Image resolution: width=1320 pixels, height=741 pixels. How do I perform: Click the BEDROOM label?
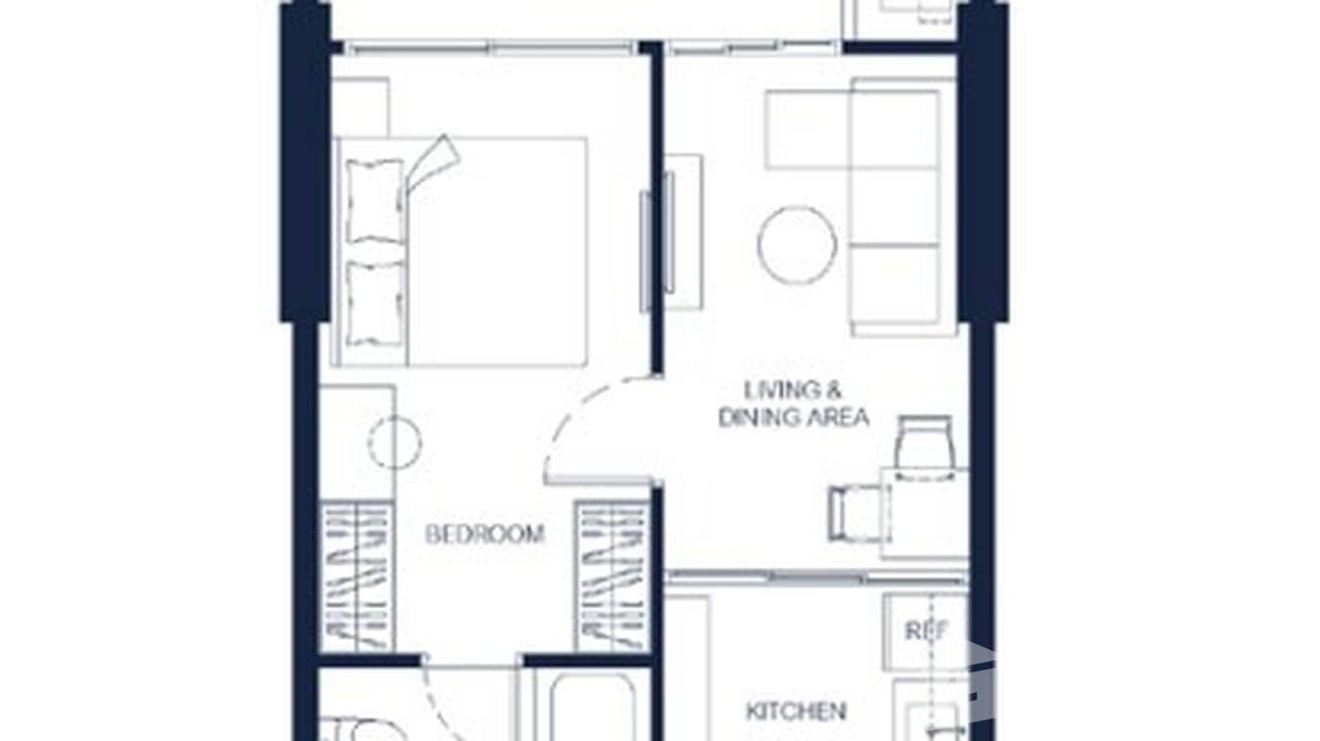(x=484, y=534)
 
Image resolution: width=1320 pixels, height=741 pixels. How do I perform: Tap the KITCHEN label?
(x=795, y=710)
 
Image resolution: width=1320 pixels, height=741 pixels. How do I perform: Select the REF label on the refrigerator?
(x=926, y=630)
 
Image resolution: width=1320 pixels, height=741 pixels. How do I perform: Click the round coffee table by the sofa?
(x=797, y=245)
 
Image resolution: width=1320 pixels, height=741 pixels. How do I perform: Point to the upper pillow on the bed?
(x=375, y=200)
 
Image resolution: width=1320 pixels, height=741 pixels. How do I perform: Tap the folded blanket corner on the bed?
(x=434, y=161)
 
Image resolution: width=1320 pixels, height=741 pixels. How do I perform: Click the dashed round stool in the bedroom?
(x=394, y=442)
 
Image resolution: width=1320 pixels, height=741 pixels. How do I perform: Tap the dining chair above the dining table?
(x=925, y=447)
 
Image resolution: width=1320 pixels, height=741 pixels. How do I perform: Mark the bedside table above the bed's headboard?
(x=360, y=107)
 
